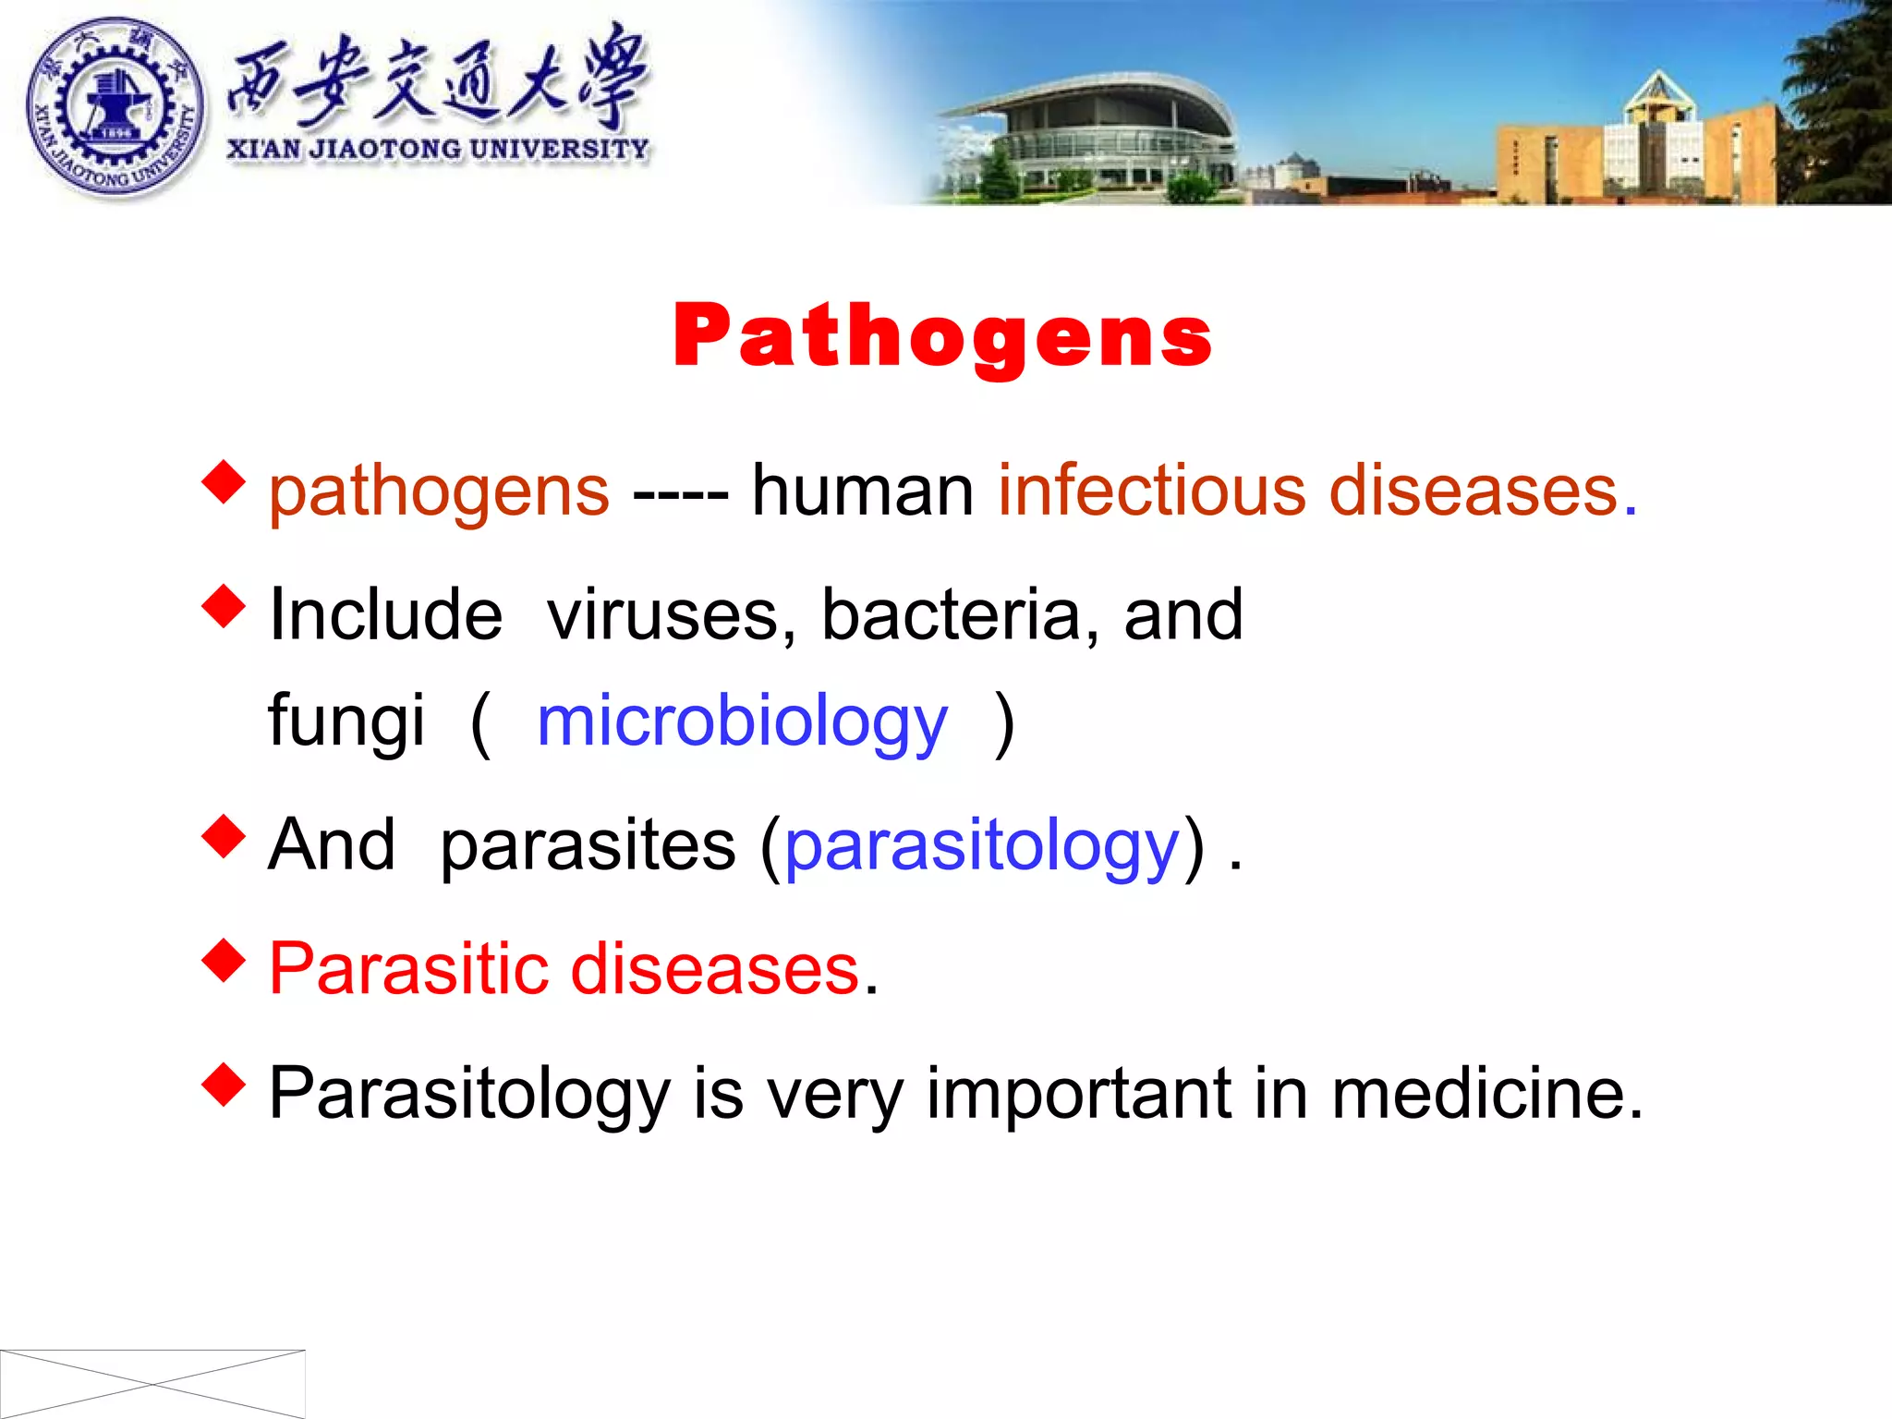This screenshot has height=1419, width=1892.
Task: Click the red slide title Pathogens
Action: pyautogui.click(x=942, y=336)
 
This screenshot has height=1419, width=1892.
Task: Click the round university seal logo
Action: pyautogui.click(x=115, y=107)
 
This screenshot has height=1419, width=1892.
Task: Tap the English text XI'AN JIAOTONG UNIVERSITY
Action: pyautogui.click(x=438, y=150)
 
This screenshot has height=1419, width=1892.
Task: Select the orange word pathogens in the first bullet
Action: pyautogui.click(x=439, y=491)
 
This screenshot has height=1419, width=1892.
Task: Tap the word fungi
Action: pyautogui.click(x=346, y=722)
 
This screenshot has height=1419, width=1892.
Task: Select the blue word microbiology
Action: pyautogui.click(x=742, y=722)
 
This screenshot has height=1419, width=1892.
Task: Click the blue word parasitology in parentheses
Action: pyautogui.click(x=982, y=846)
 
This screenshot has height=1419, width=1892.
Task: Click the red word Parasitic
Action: pyautogui.click(x=410, y=969)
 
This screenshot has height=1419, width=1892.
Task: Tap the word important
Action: pyautogui.click(x=1079, y=1094)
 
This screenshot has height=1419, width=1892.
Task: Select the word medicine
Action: pyautogui.click(x=1486, y=1094)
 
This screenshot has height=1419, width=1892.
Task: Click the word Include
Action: pyautogui.click(x=385, y=615)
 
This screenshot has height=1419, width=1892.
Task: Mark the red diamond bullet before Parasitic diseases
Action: pyautogui.click(x=224, y=961)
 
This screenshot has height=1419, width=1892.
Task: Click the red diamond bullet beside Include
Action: pyautogui.click(x=224, y=606)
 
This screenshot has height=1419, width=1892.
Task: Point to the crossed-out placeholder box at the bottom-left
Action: pyautogui.click(x=152, y=1383)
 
